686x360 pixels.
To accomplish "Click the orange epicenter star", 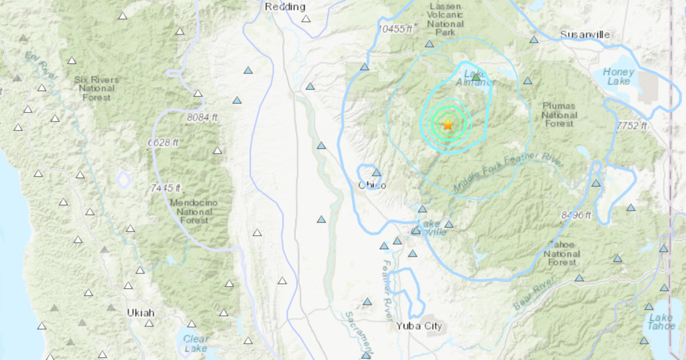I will (448, 124).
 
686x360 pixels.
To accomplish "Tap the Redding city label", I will (285, 6).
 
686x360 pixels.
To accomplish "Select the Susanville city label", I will (585, 35).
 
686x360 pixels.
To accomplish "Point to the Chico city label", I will (372, 185).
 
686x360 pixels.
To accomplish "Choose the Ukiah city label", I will (141, 313).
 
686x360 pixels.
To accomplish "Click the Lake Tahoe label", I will (661, 322).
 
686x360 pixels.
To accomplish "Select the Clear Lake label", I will (196, 343).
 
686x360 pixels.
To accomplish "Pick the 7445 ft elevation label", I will (165, 187).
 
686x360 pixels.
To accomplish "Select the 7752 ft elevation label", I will (631, 126).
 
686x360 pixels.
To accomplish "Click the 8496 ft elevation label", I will (576, 215).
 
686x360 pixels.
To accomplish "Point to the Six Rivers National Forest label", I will (96, 89).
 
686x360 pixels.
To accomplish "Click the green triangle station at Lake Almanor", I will (476, 76).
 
